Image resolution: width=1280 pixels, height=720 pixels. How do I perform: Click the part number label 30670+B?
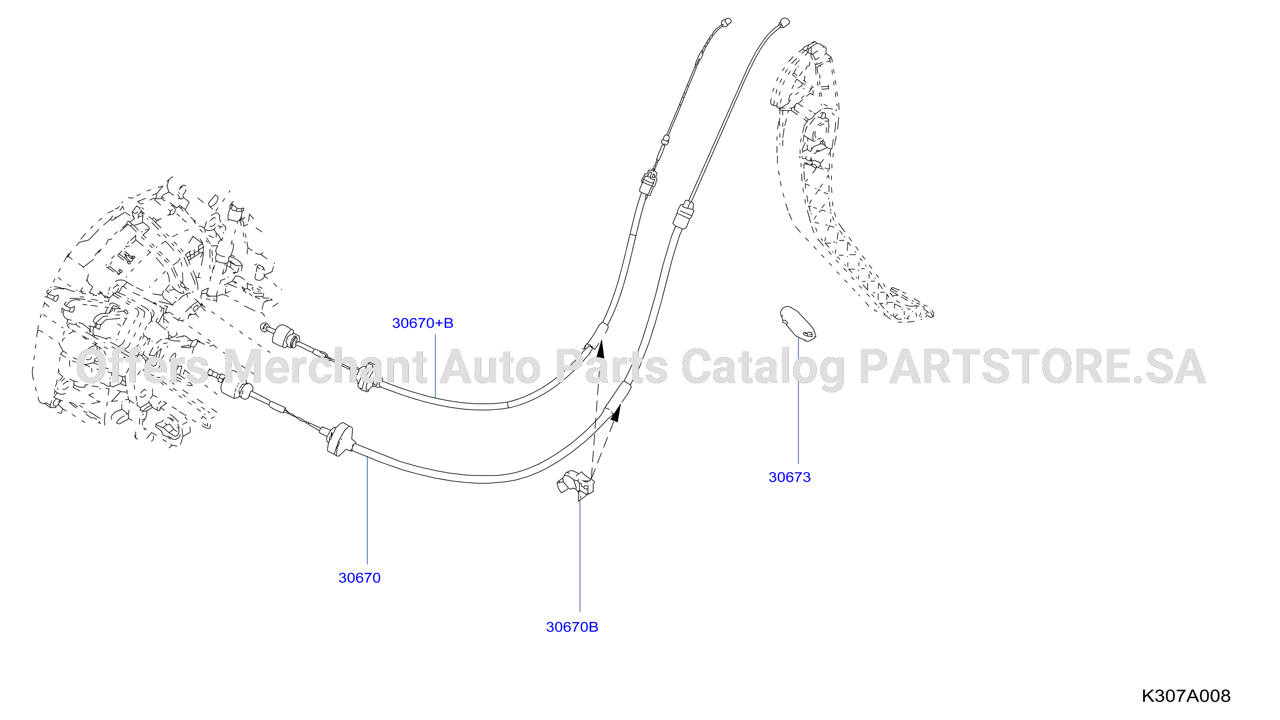422,324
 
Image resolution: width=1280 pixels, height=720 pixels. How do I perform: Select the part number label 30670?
359,578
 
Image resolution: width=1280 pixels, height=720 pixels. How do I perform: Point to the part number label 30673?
790,477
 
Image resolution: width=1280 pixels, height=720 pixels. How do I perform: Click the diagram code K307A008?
1185,696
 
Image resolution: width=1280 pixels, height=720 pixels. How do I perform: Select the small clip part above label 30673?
797,324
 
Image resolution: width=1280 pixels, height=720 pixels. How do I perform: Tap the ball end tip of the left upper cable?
726,22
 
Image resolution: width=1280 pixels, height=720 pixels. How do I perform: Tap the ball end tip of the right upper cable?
785,22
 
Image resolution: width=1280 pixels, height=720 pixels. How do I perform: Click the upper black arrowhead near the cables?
601,349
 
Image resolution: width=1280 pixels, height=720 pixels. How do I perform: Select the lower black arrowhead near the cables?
616,413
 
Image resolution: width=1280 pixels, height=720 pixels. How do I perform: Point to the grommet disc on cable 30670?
340,439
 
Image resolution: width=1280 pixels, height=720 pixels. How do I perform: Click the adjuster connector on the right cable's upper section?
683,215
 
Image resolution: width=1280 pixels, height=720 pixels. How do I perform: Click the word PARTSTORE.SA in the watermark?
1033,367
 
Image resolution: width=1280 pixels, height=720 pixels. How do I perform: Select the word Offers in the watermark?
142,366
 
